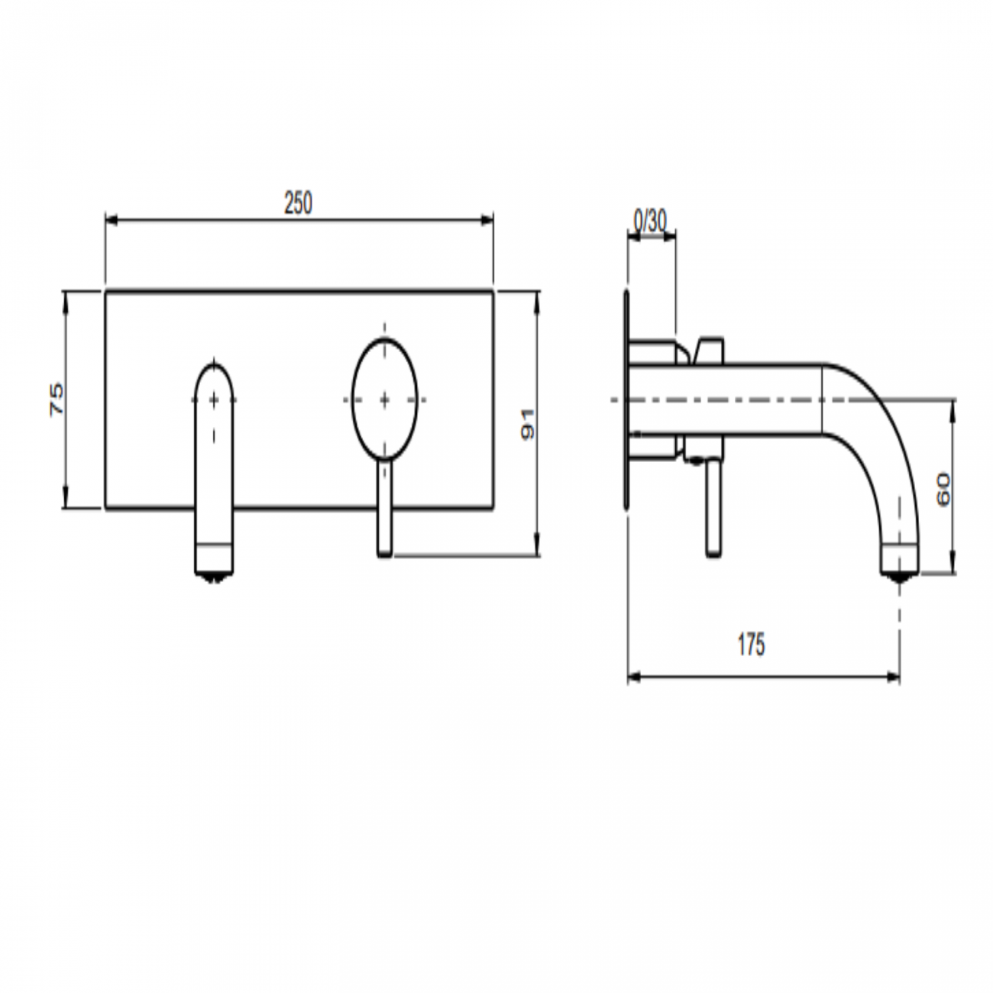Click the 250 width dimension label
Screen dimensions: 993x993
pyautogui.click(x=298, y=203)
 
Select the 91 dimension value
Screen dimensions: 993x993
pyautogui.click(x=528, y=424)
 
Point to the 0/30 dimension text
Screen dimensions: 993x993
pyautogui.click(x=650, y=221)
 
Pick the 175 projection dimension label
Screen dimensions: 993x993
pyautogui.click(x=751, y=645)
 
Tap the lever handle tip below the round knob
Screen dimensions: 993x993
pyautogui.click(x=385, y=546)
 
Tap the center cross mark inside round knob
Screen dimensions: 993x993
pyautogui.click(x=384, y=399)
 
